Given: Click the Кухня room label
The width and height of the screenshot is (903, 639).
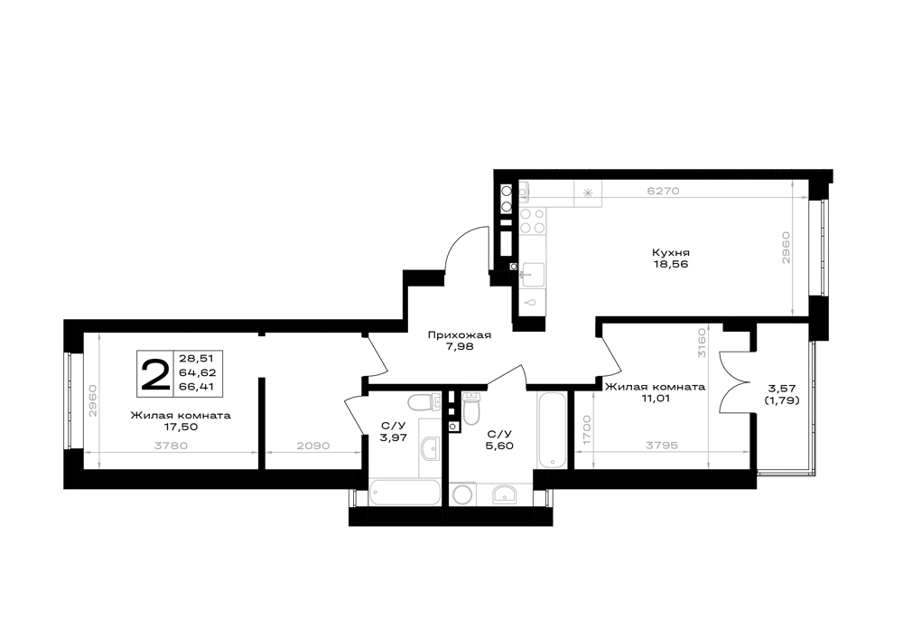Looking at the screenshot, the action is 670,252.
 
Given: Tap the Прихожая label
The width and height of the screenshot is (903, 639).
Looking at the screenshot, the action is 459,334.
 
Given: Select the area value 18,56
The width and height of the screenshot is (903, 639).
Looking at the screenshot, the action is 670,265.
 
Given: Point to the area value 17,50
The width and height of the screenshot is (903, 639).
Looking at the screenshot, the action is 181,427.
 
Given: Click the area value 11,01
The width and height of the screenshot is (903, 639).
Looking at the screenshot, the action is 654,399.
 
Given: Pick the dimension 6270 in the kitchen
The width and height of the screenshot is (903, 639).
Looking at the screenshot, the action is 664,192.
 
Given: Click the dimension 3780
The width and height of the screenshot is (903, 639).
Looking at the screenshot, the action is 171,446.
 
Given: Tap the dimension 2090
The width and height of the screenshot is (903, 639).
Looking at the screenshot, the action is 313,446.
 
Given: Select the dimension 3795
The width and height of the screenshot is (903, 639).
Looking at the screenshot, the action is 662,446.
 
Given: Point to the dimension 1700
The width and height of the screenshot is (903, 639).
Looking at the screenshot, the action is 586,429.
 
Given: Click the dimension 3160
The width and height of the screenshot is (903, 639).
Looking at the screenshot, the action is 702,343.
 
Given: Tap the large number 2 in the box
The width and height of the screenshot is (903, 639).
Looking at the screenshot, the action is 155,374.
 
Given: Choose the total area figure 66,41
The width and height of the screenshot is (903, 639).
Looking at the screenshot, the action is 196,387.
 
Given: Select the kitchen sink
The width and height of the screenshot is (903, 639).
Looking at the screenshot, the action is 532,274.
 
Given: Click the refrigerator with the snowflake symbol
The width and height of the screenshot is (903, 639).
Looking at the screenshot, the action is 588,193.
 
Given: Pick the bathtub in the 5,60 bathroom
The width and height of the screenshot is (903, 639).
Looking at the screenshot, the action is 552,430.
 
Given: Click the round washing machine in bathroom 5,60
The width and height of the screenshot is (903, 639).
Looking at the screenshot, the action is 461,494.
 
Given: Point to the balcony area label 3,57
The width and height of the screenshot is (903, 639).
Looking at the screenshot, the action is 781,389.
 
